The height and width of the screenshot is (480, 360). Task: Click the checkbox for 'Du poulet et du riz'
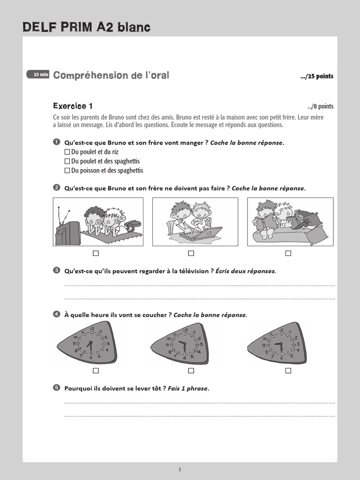(67, 152)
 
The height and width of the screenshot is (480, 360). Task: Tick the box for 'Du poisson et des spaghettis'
(67, 171)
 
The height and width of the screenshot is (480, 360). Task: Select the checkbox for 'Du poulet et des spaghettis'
(67, 161)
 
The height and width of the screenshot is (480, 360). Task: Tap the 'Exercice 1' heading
(73, 106)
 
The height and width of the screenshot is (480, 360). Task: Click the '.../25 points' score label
(317, 76)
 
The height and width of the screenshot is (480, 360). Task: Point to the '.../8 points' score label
(320, 106)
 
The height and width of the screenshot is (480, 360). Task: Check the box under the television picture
(96, 253)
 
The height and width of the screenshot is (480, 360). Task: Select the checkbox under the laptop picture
(191, 253)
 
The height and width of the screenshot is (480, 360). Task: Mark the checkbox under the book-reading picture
(288, 253)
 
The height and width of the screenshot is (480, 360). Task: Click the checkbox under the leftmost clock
(96, 371)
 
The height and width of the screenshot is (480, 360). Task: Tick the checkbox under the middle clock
(191, 371)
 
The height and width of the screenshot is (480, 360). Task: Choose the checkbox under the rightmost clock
(288, 371)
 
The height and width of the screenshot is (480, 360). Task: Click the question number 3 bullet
(57, 270)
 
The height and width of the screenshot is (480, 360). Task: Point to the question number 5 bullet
(57, 388)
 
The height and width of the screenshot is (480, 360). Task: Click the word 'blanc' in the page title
(135, 28)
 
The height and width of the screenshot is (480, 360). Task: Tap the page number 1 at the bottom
(180, 469)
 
